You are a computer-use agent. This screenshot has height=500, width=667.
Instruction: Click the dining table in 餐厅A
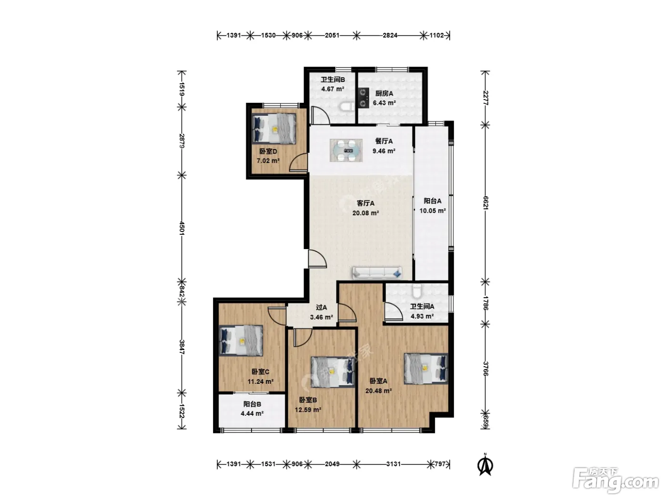point(346,150)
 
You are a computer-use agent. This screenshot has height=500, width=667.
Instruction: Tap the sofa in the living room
point(377,273)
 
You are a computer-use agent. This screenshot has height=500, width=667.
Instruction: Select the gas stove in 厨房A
point(363,98)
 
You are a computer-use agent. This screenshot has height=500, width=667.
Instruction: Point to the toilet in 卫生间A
point(417,291)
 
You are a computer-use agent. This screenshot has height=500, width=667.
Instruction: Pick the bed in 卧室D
point(274,129)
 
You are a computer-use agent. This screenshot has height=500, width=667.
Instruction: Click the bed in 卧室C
point(241,340)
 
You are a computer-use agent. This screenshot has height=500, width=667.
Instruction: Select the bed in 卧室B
point(333,372)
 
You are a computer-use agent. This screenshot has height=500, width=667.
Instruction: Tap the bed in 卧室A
point(426,369)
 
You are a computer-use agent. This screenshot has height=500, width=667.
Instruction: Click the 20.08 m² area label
point(365,213)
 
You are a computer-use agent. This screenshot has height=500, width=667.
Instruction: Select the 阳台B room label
point(252,404)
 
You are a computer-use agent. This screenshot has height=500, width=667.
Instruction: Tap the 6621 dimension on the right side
point(485,203)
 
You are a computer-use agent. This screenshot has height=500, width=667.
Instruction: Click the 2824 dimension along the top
point(390,36)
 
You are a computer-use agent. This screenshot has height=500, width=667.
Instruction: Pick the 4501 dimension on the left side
point(182,228)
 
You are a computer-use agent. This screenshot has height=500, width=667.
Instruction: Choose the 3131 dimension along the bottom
point(394,464)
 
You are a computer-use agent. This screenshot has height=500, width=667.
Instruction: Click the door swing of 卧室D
point(298,163)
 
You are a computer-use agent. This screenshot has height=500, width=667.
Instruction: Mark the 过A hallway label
point(322,308)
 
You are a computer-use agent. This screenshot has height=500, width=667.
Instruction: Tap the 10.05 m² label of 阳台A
point(433,210)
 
